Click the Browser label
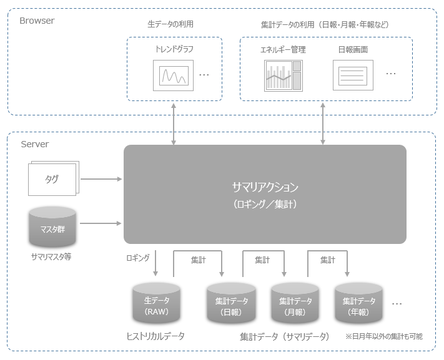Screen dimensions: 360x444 (37, 21)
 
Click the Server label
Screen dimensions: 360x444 (35, 144)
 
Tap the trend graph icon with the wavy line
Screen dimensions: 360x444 (173, 75)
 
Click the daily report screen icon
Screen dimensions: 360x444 (353, 75)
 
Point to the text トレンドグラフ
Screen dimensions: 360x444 (174, 49)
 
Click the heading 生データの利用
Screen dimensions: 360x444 (170, 24)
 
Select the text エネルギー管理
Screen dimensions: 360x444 (283, 49)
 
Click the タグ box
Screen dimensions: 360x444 (52, 180)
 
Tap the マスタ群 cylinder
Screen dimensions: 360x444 (52, 228)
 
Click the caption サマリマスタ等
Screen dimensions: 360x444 (51, 256)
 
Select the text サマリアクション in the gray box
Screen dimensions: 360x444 (265, 187)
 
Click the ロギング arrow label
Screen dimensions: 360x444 (138, 257)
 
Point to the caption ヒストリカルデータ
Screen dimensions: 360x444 (155, 336)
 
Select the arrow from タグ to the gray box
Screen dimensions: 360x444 (102, 179)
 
